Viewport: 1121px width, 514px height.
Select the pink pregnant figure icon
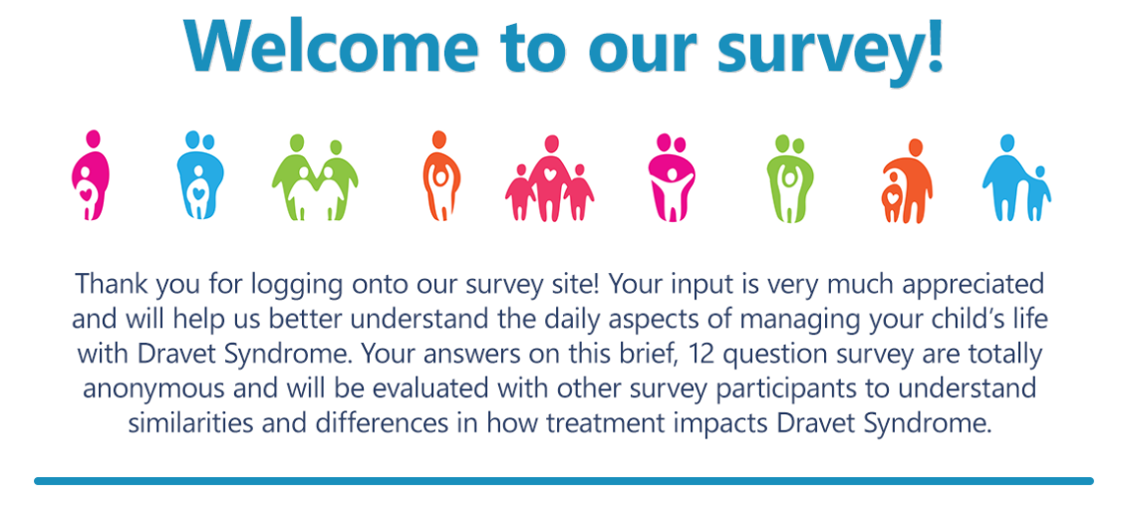[x=91, y=175]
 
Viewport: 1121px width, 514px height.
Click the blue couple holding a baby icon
[x=200, y=175]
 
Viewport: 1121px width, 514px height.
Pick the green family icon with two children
[x=315, y=177]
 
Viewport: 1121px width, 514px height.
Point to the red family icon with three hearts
[x=549, y=178]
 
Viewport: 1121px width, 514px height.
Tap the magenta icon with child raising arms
[x=672, y=177]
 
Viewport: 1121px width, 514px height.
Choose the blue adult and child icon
[x=1016, y=177]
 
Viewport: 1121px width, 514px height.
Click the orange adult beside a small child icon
[x=907, y=180]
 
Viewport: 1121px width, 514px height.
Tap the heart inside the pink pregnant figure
[x=86, y=193]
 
